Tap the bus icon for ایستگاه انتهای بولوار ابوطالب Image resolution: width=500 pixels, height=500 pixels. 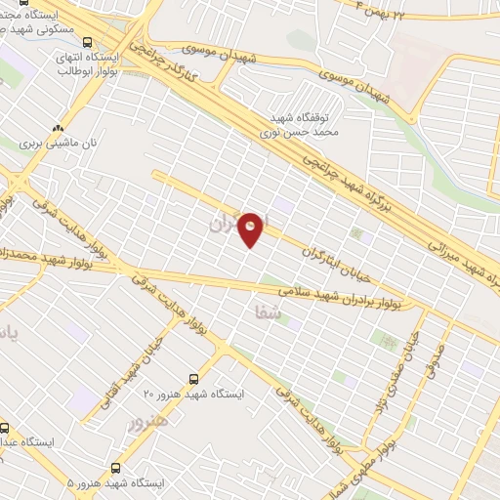point(89,42)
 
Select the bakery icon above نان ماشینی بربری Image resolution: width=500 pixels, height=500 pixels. point(59,127)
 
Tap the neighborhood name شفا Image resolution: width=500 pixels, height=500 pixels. point(266,312)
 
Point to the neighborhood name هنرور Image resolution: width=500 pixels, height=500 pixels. point(148,421)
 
